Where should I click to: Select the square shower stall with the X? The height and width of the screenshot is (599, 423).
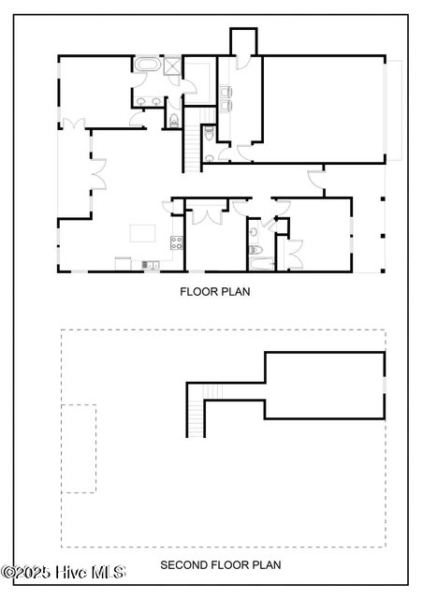coord(171,66)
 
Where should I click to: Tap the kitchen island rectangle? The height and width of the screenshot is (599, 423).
coord(140,232)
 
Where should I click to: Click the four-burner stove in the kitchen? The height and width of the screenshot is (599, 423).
coord(175,242)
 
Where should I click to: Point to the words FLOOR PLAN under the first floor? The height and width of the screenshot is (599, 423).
coord(214,291)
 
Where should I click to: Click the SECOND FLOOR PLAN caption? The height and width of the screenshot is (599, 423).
coord(220,564)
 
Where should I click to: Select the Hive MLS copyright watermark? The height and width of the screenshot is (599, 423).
coord(63,571)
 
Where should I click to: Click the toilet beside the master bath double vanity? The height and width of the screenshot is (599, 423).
coord(173,119)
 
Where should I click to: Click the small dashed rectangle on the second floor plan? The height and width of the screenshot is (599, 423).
coord(79,448)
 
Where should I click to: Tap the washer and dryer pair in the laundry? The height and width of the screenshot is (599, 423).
coord(226,99)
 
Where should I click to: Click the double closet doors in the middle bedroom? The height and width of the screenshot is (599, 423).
coord(204,214)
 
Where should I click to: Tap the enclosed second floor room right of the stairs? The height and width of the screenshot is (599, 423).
coord(324,384)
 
